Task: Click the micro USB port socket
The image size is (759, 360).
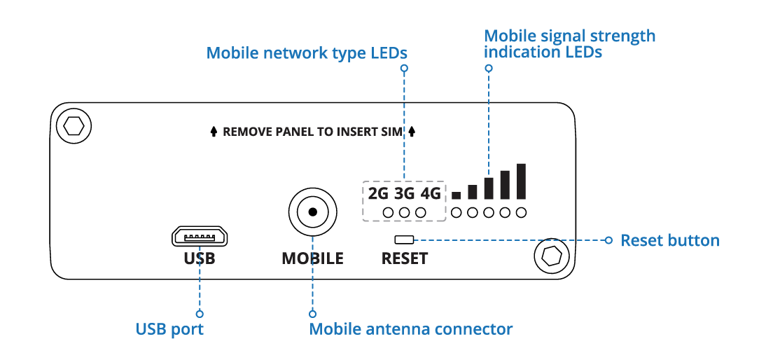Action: tap(200, 237)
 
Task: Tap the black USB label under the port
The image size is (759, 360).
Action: tap(200, 258)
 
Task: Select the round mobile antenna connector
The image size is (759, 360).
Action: tap(312, 212)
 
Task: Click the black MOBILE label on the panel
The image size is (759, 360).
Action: tap(312, 258)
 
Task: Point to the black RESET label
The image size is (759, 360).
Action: tap(404, 258)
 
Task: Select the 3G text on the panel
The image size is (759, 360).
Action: tap(404, 193)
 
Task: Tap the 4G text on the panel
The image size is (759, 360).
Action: tap(431, 193)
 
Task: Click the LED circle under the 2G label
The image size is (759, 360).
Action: tap(388, 212)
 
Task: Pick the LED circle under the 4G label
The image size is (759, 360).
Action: tap(421, 212)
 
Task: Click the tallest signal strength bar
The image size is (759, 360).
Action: tap(521, 181)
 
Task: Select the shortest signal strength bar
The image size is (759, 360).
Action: tap(457, 195)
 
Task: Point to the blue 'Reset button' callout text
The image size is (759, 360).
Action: tap(670, 241)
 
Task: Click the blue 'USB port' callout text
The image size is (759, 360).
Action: tap(169, 328)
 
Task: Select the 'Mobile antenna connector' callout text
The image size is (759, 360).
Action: tap(411, 328)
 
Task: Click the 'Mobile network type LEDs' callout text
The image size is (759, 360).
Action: tap(307, 53)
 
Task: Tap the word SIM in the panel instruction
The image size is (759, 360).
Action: tap(395, 132)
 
